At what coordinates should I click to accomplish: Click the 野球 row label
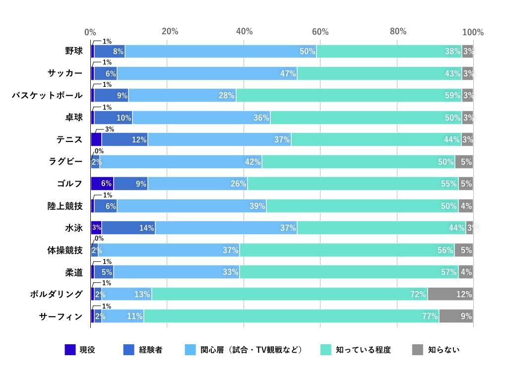73,51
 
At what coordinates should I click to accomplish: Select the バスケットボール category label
47,95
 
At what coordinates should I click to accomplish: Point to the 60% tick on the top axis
320,32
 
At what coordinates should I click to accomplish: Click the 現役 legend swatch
70,350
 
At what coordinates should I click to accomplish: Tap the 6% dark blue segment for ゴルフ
102,184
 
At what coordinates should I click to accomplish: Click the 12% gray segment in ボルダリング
450,294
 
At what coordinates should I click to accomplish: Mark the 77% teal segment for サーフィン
291,316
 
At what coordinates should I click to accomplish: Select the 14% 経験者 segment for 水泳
128,228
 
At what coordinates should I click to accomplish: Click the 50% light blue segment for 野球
221,51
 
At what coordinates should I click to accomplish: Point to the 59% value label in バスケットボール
452,95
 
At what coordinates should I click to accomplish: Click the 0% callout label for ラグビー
99,151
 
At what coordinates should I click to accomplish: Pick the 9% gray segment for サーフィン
456,316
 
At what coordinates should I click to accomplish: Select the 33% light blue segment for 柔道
177,272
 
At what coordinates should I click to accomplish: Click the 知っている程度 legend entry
363,350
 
